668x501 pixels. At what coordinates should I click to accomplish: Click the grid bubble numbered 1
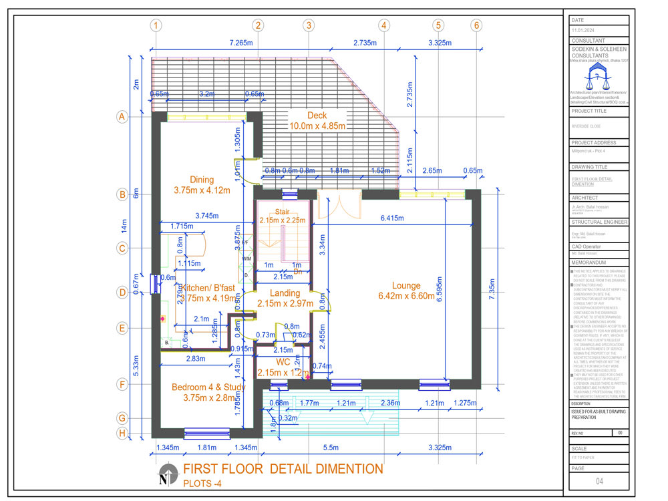click(x=156, y=26)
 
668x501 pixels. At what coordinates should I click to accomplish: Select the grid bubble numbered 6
click(x=476, y=26)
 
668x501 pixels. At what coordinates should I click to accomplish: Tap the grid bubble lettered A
click(x=122, y=117)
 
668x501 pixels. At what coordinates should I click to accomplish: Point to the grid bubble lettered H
click(x=122, y=433)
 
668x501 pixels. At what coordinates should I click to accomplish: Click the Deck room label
click(x=317, y=120)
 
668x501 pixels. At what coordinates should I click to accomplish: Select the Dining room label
click(x=201, y=185)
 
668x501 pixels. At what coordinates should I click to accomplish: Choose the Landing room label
click(x=285, y=299)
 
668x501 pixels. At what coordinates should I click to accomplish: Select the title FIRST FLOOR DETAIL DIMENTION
click(x=283, y=469)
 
